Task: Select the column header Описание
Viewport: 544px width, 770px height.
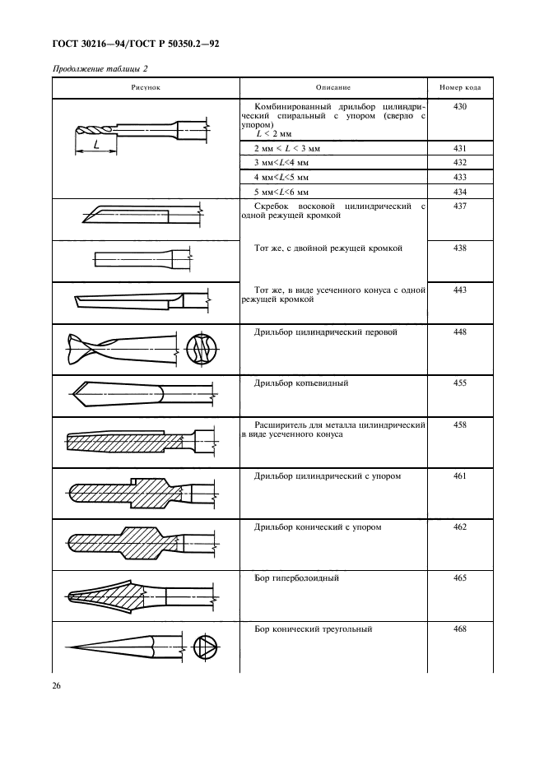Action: point(333,86)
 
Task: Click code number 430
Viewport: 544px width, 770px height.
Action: point(460,107)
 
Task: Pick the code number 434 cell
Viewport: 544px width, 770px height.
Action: point(460,190)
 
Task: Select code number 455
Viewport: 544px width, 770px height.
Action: point(460,383)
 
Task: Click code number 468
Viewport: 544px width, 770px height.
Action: point(460,629)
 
